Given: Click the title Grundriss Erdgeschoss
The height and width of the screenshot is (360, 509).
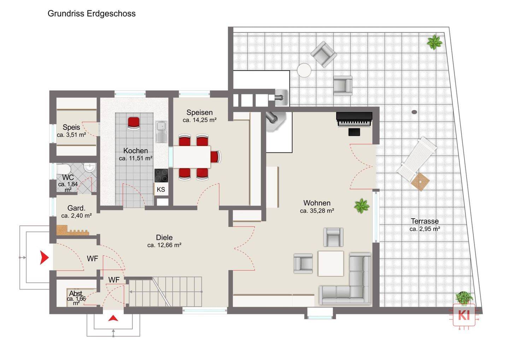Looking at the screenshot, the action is [x=92, y=14].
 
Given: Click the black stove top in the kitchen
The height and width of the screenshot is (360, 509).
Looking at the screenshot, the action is [x=161, y=175].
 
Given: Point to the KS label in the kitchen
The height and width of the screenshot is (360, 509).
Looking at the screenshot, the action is [x=161, y=189].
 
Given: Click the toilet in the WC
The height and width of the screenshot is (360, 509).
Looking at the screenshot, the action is [x=63, y=169].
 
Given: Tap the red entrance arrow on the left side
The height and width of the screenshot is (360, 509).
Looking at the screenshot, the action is [x=44, y=257].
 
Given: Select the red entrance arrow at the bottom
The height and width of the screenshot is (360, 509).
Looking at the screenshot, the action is [x=113, y=318].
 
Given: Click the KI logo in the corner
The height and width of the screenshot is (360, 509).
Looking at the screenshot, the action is [x=464, y=315].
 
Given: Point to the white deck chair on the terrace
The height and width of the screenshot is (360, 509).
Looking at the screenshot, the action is [x=416, y=158].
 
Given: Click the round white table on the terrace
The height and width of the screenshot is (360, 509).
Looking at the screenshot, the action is [x=304, y=70].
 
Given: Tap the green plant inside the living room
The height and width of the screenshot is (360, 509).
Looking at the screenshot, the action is [x=362, y=206].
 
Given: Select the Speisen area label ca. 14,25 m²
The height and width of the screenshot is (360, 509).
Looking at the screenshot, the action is [x=199, y=120].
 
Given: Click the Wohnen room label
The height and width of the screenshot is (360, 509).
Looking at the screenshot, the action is [x=317, y=203].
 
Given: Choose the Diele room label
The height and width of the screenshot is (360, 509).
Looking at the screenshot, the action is [x=164, y=238].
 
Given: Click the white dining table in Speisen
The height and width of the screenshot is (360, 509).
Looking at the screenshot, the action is [x=192, y=157].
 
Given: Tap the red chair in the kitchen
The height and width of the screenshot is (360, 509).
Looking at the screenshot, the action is [x=134, y=123].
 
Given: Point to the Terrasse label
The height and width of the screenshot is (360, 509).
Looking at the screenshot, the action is [x=425, y=221].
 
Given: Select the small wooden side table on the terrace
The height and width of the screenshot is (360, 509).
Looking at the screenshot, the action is [x=420, y=182].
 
